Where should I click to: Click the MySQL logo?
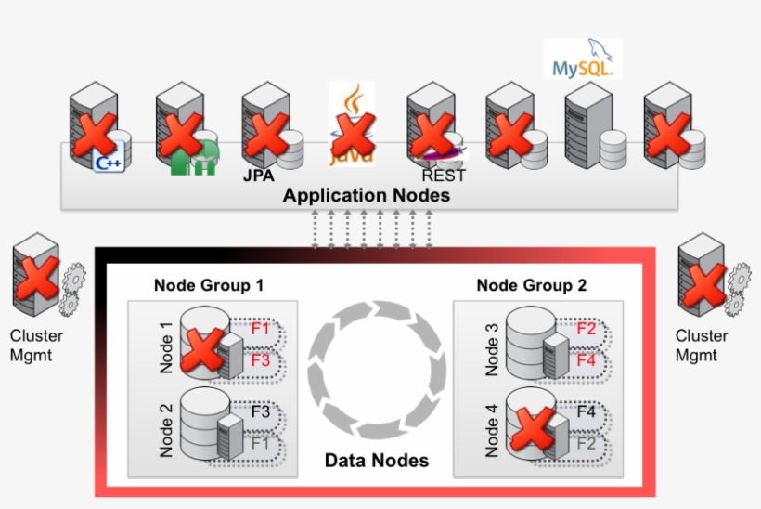[582, 59]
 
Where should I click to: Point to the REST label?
[444, 176]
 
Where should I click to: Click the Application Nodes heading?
[367, 195]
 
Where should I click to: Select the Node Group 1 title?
[209, 285]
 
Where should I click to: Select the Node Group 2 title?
[531, 285]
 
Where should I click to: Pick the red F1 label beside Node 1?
[261, 328]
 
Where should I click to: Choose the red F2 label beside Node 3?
[587, 328]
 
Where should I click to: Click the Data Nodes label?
[376, 461]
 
